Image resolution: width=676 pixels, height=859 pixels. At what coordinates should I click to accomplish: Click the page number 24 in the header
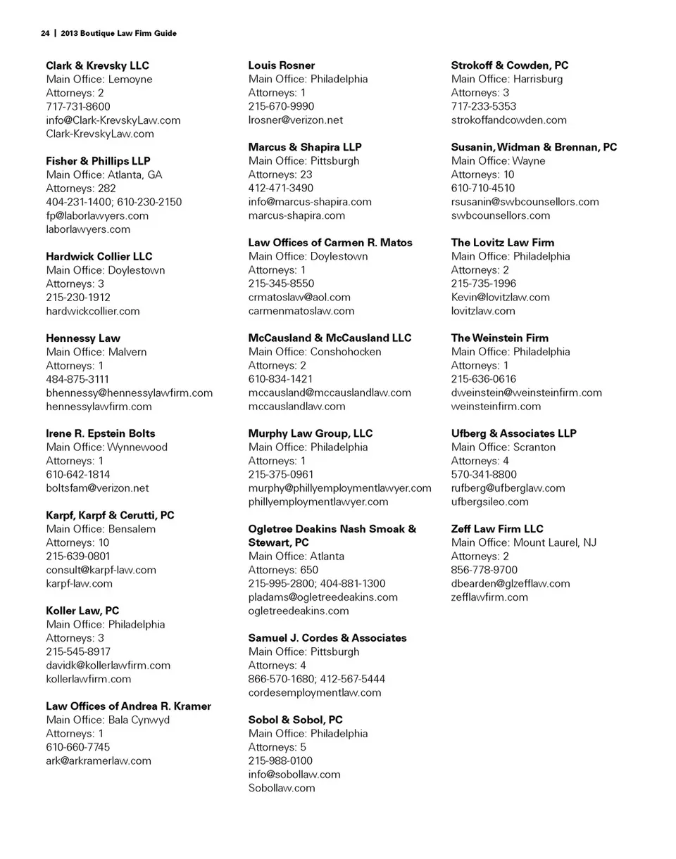(45, 33)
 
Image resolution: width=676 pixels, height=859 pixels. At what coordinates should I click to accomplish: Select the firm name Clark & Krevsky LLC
(97, 65)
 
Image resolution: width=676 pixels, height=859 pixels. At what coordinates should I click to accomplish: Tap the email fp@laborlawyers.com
(97, 215)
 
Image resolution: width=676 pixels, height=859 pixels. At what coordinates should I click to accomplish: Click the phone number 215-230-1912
(78, 297)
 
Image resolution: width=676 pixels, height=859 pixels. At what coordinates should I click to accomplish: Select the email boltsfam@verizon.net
(97, 488)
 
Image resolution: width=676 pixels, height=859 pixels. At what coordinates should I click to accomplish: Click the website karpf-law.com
(79, 583)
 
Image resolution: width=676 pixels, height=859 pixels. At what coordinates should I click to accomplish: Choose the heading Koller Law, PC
(82, 611)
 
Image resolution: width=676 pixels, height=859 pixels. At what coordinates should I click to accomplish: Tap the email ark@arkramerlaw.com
(99, 761)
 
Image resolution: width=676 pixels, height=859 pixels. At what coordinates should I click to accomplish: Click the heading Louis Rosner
(282, 65)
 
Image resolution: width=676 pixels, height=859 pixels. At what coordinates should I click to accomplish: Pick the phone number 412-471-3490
(281, 188)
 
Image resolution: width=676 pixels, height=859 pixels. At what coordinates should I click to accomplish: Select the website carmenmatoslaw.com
(301, 310)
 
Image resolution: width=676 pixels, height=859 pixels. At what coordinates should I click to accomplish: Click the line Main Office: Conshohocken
(315, 352)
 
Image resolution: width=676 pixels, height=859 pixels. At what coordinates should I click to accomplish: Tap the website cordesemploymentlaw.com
(315, 692)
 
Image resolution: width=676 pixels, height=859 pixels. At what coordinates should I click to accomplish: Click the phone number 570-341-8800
(484, 474)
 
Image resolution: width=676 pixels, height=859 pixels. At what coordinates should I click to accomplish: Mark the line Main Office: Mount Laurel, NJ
(523, 542)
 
